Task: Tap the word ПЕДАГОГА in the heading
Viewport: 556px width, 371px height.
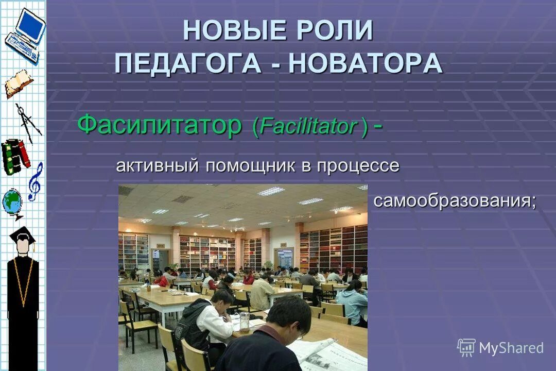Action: [187, 63]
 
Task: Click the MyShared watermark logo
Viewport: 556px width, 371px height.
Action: [500, 348]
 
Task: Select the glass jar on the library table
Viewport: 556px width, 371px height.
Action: [245, 322]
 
